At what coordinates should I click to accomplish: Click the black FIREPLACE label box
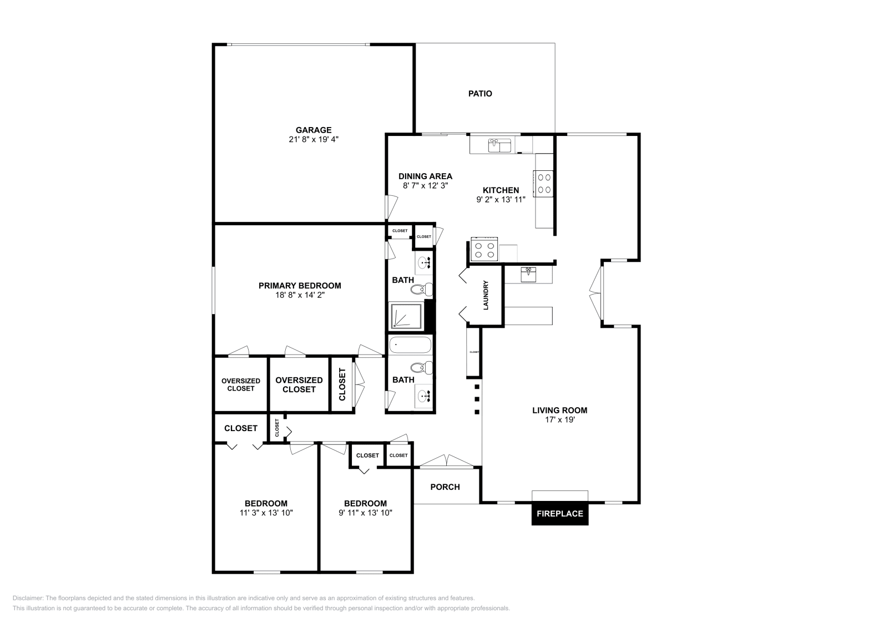(x=559, y=514)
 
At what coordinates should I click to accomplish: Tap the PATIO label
(x=480, y=94)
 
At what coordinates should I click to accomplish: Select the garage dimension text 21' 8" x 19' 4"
(x=314, y=140)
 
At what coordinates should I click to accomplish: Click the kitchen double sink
(x=500, y=146)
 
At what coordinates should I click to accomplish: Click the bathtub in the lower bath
(x=410, y=346)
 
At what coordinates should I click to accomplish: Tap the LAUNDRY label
(x=486, y=295)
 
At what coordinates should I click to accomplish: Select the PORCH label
(x=445, y=487)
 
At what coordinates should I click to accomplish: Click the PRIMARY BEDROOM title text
(x=300, y=286)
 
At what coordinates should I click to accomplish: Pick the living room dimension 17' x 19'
(x=559, y=420)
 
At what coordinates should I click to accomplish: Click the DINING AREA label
(x=425, y=176)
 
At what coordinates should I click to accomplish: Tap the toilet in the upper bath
(x=425, y=288)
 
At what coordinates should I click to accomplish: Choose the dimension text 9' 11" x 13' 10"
(x=365, y=513)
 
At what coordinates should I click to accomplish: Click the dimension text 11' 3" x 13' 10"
(x=266, y=513)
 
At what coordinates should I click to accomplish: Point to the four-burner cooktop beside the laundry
(x=484, y=249)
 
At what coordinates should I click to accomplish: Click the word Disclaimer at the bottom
(x=27, y=598)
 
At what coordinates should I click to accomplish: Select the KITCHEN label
(x=501, y=190)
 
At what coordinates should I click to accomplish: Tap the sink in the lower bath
(x=425, y=396)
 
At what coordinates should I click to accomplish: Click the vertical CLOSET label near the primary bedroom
(x=342, y=385)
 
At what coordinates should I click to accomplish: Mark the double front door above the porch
(x=447, y=460)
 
